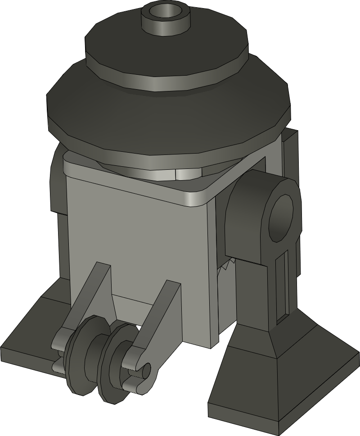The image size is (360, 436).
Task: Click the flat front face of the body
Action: tap(135, 234)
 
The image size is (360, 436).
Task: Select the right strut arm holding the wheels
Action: tap(157, 315)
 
